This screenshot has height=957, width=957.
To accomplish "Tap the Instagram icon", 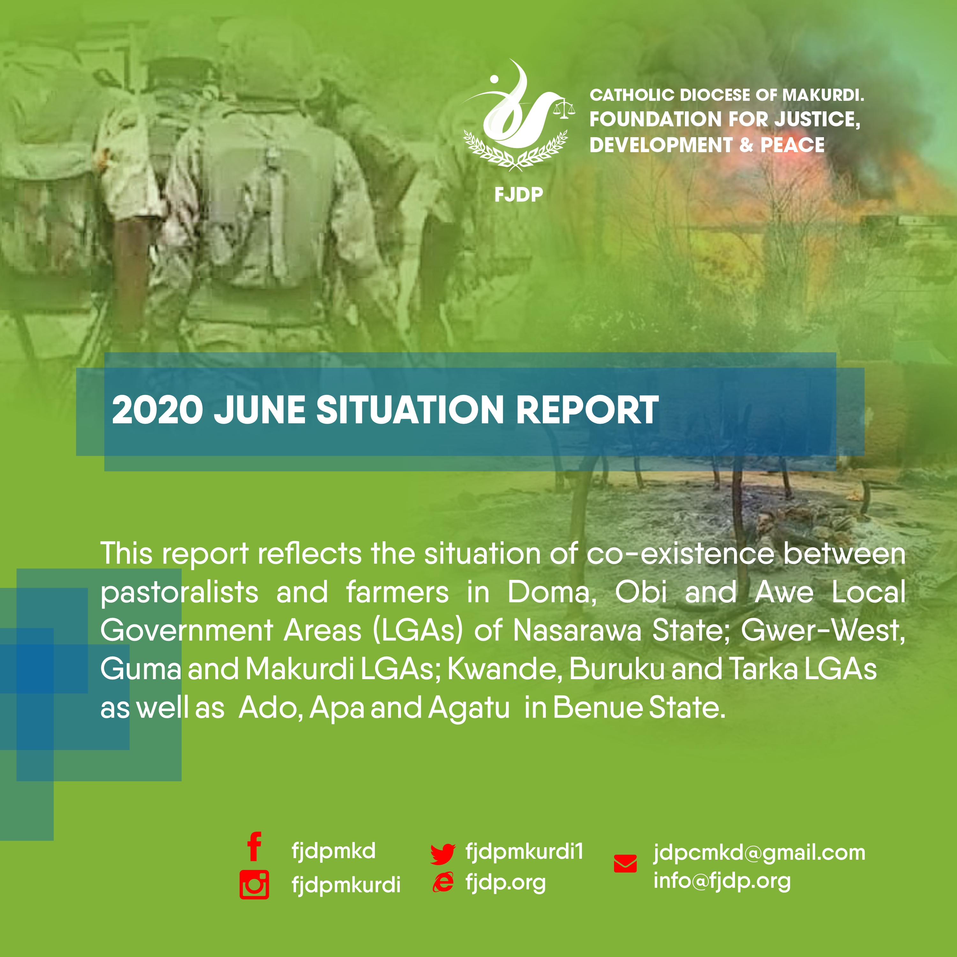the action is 254,884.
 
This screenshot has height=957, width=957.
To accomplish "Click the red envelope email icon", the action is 625,864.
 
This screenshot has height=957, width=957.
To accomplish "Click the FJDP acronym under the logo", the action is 519,194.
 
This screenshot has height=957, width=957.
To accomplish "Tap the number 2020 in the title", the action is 158,410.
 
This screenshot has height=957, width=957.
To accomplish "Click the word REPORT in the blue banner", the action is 588,410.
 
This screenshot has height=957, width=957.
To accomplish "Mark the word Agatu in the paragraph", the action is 469,708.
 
